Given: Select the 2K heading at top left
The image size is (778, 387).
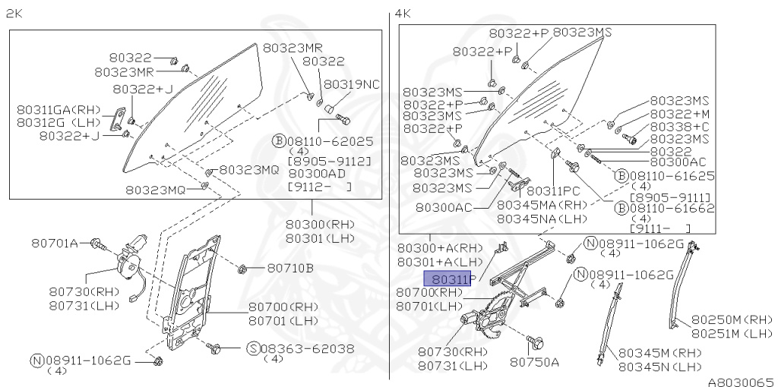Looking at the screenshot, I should point(13,14).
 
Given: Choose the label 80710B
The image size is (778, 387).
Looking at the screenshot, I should point(289,268).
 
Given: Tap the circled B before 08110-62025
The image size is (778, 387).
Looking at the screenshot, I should point(278,140).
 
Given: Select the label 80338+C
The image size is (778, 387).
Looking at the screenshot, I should point(678,127).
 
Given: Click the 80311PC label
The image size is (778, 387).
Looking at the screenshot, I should point(553,191).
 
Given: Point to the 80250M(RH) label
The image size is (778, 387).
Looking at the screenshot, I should point(731,319).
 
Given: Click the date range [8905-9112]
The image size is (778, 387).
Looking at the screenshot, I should point(329,162).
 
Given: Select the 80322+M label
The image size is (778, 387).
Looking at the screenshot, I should point(678,114).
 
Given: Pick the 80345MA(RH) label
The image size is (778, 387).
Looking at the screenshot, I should point(542,205).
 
